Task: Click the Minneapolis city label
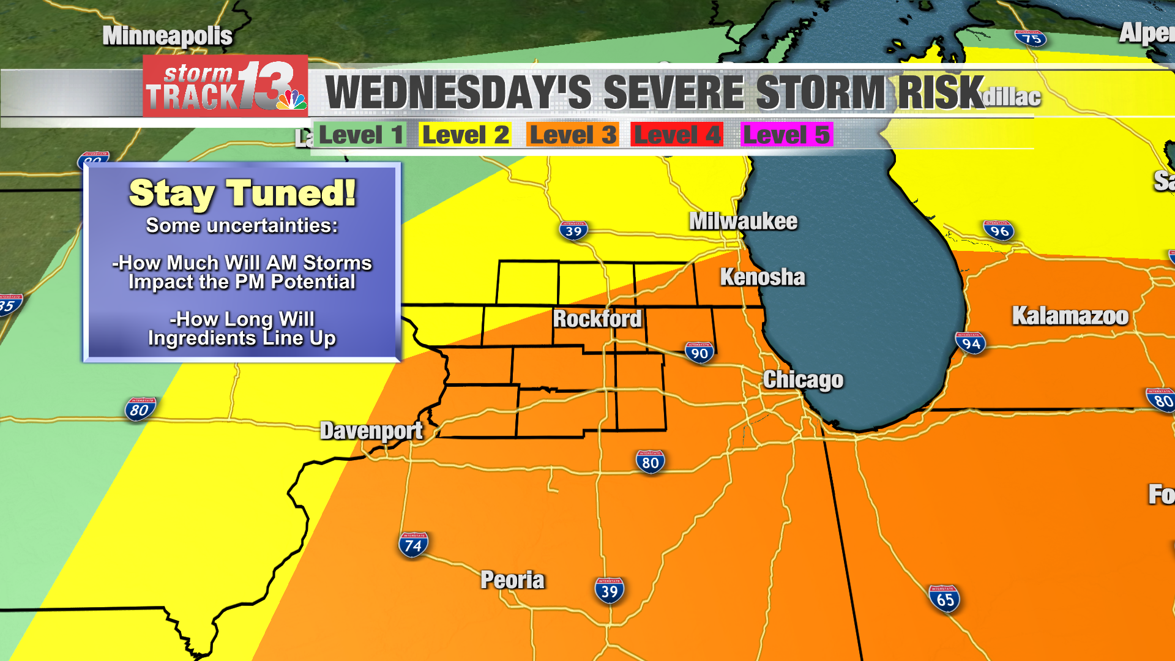click(167, 35)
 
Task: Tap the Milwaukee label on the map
click(743, 221)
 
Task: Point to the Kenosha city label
click(762, 277)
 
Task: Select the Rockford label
click(597, 318)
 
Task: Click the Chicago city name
click(803, 379)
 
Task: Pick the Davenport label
click(371, 431)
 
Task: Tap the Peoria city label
click(512, 580)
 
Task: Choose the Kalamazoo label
click(1070, 316)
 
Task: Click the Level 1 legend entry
click(360, 135)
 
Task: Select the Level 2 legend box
click(465, 135)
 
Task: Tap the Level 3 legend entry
click(573, 135)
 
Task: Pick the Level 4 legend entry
click(677, 135)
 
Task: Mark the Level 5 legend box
click(786, 135)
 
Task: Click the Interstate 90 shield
click(699, 353)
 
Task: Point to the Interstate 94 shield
click(971, 343)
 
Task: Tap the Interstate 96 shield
click(999, 231)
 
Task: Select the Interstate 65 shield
click(944, 599)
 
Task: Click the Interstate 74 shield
click(414, 545)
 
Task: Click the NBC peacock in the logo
click(292, 100)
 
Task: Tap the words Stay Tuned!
click(242, 193)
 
